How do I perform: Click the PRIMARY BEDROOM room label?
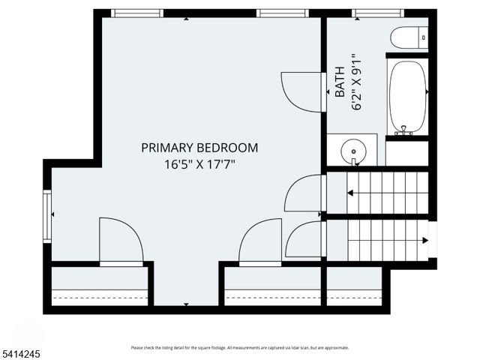click(199, 148)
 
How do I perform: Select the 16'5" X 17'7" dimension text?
click(199, 163)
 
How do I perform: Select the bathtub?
click(407, 97)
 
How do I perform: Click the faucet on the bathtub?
click(404, 130)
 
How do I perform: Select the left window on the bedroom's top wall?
click(137, 13)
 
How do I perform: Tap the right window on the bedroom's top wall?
click(283, 13)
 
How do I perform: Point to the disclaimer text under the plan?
click(239, 347)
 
